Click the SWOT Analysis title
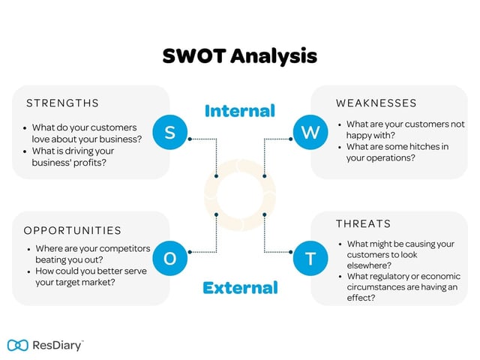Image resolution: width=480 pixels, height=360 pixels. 240,56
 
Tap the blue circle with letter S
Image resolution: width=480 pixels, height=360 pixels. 169,133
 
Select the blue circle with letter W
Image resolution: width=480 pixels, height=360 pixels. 310,133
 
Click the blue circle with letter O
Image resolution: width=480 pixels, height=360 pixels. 169,259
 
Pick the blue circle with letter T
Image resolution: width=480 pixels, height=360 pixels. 310,259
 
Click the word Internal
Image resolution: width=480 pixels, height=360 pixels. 240,111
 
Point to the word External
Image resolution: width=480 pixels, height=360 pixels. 240,287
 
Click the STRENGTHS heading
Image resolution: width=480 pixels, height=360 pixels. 62,103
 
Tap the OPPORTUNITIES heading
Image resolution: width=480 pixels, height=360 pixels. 72,230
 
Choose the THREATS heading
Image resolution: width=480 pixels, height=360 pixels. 363,223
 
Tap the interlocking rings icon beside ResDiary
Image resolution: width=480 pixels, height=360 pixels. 17,345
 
